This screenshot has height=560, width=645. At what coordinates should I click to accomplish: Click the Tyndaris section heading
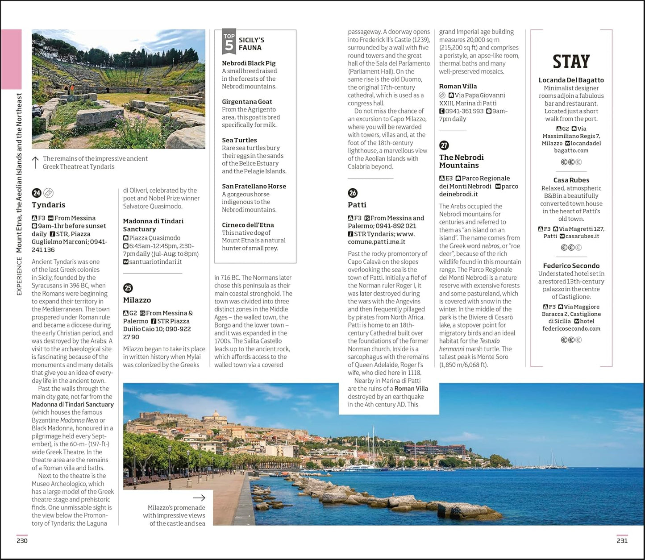click(48, 205)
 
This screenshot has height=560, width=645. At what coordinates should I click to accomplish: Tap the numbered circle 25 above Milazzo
click(128, 288)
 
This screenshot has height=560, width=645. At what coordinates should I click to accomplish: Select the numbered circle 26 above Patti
click(353, 193)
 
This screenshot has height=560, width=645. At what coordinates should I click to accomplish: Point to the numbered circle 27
click(444, 145)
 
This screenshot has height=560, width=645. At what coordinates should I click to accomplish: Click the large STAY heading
click(571, 62)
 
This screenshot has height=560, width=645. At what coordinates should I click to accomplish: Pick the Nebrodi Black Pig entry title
click(249, 63)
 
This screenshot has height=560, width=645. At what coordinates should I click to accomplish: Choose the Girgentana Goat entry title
click(247, 102)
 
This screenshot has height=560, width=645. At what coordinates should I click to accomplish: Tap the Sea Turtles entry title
click(239, 140)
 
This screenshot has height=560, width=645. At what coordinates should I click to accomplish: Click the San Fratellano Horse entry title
click(254, 186)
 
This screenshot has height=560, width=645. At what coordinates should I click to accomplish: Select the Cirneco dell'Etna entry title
click(248, 225)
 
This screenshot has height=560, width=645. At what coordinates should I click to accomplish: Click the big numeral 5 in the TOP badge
click(229, 46)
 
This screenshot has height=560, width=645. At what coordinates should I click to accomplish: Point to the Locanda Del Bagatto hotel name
click(571, 80)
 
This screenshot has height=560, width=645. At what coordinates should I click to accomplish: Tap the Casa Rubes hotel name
click(571, 180)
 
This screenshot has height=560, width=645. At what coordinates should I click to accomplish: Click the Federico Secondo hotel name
click(571, 265)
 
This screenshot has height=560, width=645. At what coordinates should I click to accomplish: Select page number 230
click(22, 541)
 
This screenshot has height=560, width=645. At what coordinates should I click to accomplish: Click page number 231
click(622, 541)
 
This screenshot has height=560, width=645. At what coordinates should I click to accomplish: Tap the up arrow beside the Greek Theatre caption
click(36, 162)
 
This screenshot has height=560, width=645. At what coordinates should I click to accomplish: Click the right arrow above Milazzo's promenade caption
click(199, 498)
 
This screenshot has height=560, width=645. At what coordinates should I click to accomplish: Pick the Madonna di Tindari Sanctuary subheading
click(153, 225)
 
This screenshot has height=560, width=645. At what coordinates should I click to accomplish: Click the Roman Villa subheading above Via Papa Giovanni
click(458, 86)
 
